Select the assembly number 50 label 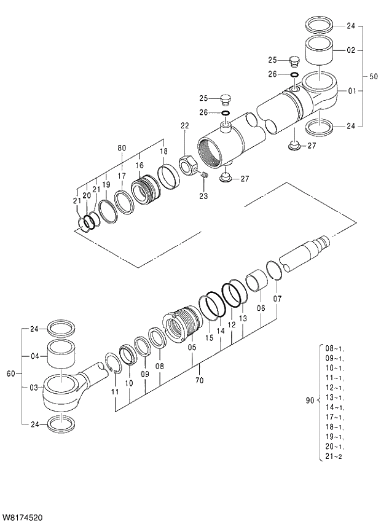[x=373, y=77]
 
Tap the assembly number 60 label [x=10, y=373]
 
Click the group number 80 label [x=122, y=148]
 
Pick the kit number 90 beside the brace [x=310, y=401]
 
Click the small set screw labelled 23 [x=205, y=176]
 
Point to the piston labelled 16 [x=147, y=190]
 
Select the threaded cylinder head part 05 [x=181, y=325]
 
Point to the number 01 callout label [x=352, y=92]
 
